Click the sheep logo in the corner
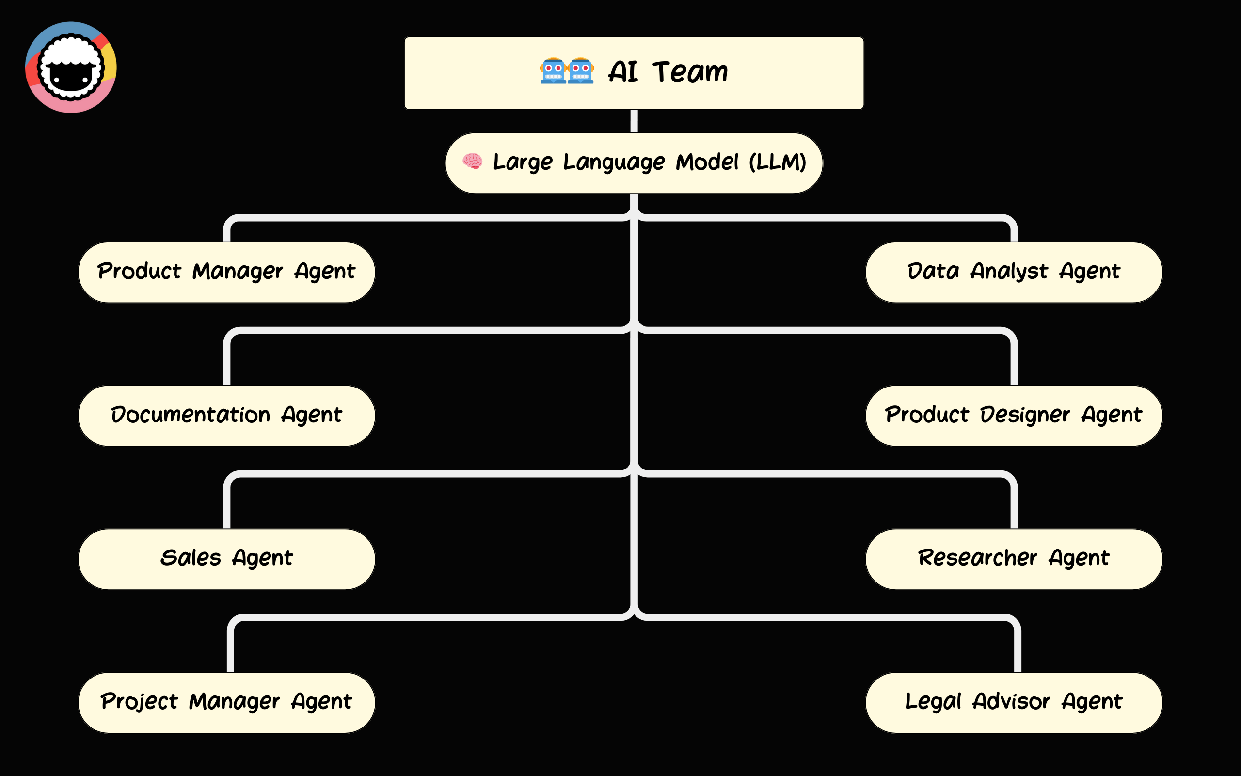click(x=71, y=67)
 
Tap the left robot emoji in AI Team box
click(x=553, y=71)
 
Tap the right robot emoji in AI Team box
click(x=580, y=71)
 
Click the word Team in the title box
click(x=690, y=72)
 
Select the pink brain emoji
click(x=472, y=161)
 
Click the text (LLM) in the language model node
click(x=778, y=162)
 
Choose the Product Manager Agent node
click(x=226, y=272)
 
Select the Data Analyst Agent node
click(x=1013, y=272)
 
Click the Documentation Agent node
click(x=226, y=415)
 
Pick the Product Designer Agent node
click(x=1013, y=415)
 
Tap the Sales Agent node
click(x=226, y=558)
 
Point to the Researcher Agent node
click(x=1013, y=558)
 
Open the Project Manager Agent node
click(x=226, y=702)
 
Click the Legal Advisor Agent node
click(x=1013, y=702)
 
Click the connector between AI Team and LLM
click(x=634, y=121)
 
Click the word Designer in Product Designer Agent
click(x=1025, y=415)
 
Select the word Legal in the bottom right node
click(x=933, y=702)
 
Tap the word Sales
click(x=190, y=558)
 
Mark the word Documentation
click(x=190, y=415)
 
